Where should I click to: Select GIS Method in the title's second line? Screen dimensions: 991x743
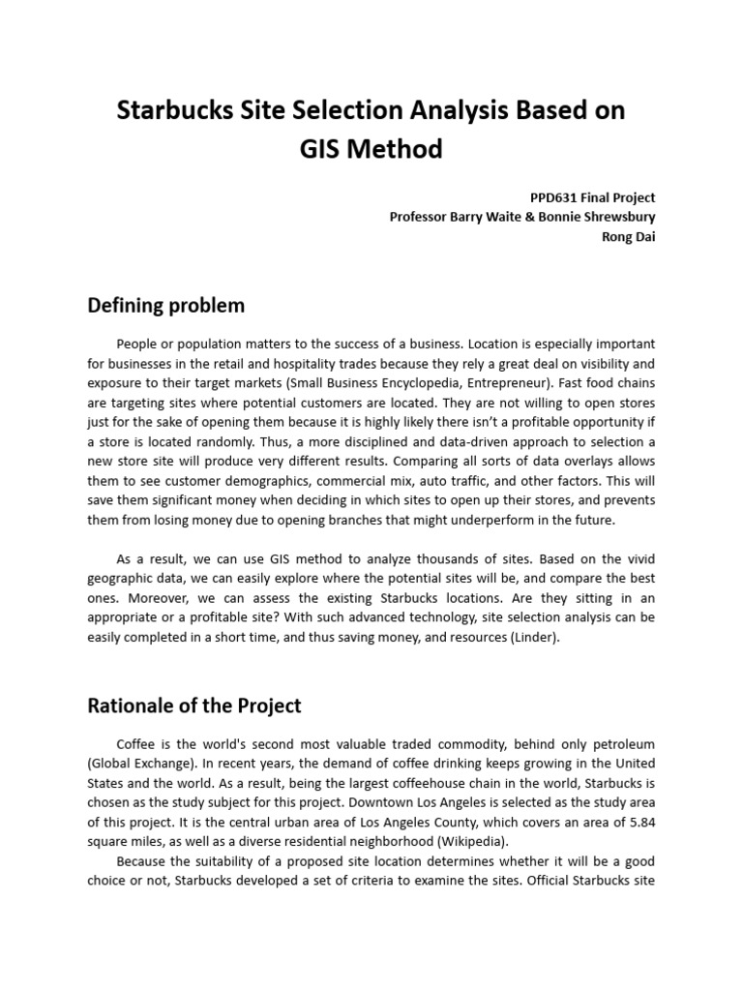[371, 149]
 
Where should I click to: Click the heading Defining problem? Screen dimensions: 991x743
[166, 306]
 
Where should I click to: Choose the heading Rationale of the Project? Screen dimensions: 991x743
[194, 706]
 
